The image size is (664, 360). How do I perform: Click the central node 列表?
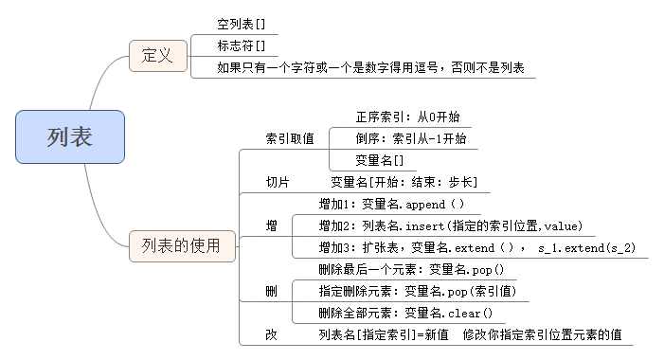tap(70, 136)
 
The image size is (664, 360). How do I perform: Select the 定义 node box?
tap(157, 56)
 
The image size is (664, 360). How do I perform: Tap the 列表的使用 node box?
tap(174, 246)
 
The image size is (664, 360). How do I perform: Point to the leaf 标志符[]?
tap(241, 45)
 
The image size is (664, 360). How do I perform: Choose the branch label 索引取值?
tap(290, 138)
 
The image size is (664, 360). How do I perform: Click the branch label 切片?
tap(278, 181)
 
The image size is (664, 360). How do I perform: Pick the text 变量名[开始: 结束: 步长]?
tap(404, 181)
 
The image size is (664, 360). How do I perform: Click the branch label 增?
tap(272, 225)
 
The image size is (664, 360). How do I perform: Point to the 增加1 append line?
tap(391, 203)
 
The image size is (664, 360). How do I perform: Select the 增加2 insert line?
tap(450, 225)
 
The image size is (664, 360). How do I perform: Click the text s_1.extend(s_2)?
tap(586, 247)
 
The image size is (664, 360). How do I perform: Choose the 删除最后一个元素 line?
tap(411, 269)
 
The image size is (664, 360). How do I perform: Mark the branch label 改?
tap(272, 335)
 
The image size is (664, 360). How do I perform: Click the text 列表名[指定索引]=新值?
tap(384, 335)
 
